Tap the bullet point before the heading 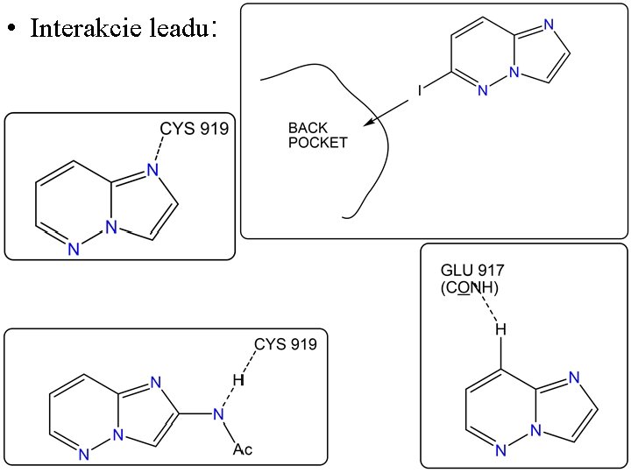11,29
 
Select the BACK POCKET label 317,135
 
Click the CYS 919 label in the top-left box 194,129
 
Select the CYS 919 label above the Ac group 286,344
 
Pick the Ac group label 243,449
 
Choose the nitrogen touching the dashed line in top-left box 151,170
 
